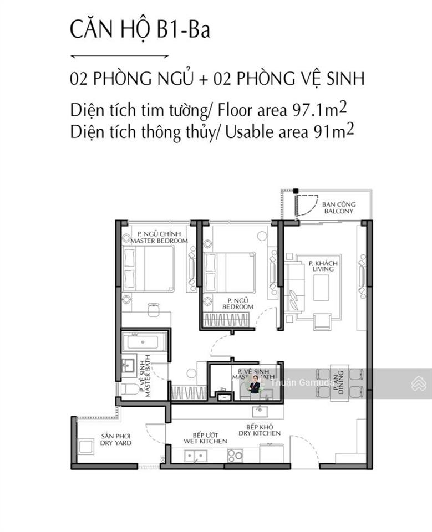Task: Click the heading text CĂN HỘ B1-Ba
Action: [x=140, y=30]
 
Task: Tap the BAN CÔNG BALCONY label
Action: [x=338, y=208]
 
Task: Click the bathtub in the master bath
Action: [x=144, y=341]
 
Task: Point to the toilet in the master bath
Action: [x=129, y=389]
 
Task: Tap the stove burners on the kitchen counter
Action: [x=235, y=456]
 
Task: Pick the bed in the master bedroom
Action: [x=148, y=268]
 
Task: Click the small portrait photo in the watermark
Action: [x=255, y=384]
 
